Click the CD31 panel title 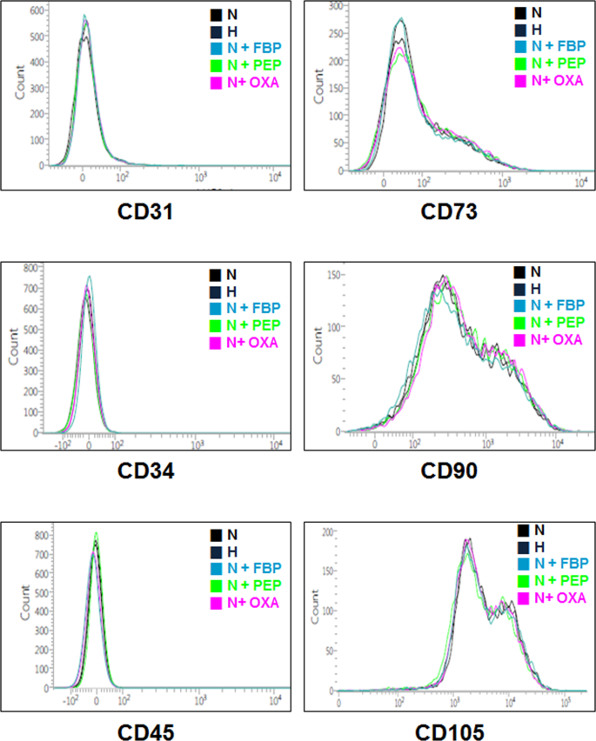[x=146, y=211]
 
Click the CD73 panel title [x=447, y=211]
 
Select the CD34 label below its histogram [x=146, y=471]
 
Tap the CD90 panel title [x=447, y=471]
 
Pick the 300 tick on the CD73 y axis [x=332, y=6]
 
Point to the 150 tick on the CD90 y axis [x=332, y=276]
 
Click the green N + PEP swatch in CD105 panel [x=523, y=581]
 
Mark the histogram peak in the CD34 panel [x=89, y=277]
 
